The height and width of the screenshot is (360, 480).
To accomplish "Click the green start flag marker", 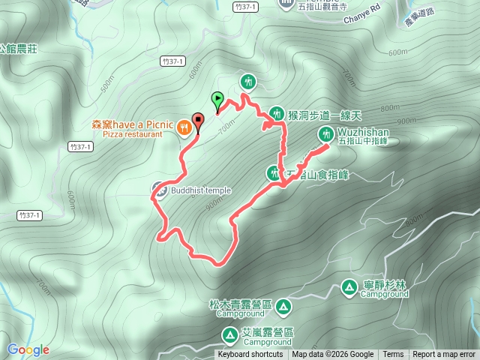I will coord(217,98).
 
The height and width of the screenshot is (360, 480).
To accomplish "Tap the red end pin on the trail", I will coord(199,120).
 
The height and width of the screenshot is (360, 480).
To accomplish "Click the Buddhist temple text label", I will coord(200,190).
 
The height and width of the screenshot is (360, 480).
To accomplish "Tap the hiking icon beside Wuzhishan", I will coord(326,134).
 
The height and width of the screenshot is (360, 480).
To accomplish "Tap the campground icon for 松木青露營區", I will coord(283,306).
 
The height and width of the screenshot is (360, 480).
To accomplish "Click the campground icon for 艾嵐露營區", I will coord(229,332).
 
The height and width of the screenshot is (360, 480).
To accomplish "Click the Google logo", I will coord(28,349).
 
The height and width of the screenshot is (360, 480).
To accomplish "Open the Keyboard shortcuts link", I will coord(250,355).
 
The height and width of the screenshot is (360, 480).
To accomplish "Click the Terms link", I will coord(393,355).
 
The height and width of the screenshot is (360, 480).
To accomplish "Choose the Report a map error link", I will coord(445,355).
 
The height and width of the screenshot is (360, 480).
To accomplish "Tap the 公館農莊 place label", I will coord(18,48).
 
